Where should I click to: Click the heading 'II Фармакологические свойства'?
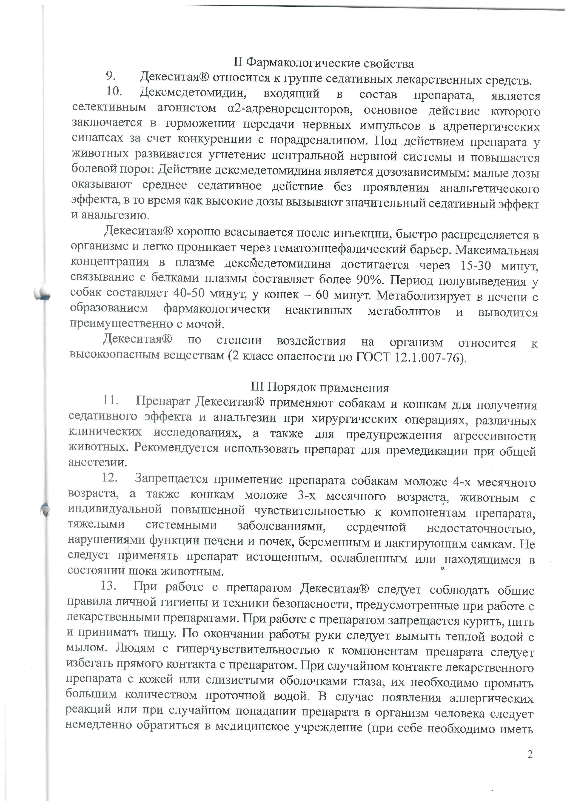(x=324, y=63)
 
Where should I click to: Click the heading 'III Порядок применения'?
(x=320, y=387)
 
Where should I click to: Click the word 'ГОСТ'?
(x=373, y=357)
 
